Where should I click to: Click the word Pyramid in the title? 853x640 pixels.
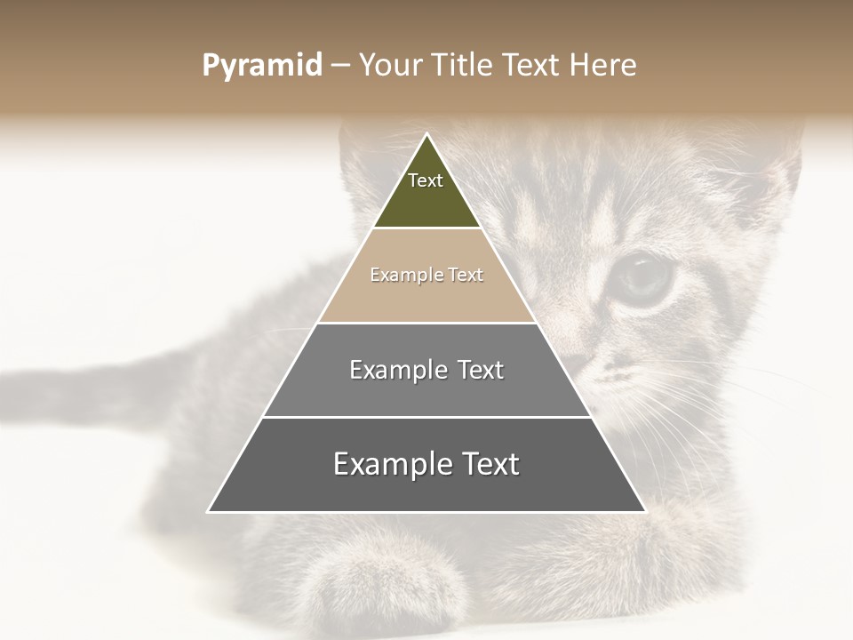[x=262, y=66]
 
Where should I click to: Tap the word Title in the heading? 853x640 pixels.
[x=466, y=66]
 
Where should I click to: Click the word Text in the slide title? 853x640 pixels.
[x=531, y=66]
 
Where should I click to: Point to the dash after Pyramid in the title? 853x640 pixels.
[x=340, y=67]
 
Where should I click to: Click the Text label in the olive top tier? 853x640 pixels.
[x=426, y=180]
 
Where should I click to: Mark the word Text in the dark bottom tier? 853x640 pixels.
[x=490, y=464]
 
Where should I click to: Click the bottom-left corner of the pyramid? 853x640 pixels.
[x=209, y=511]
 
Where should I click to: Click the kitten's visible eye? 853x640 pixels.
[x=644, y=277]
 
